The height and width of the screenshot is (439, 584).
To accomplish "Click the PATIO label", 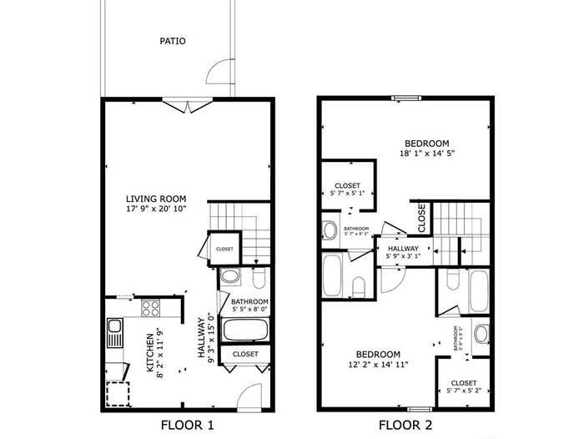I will [174, 40].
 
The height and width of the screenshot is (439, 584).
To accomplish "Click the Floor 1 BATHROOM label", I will [249, 301].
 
